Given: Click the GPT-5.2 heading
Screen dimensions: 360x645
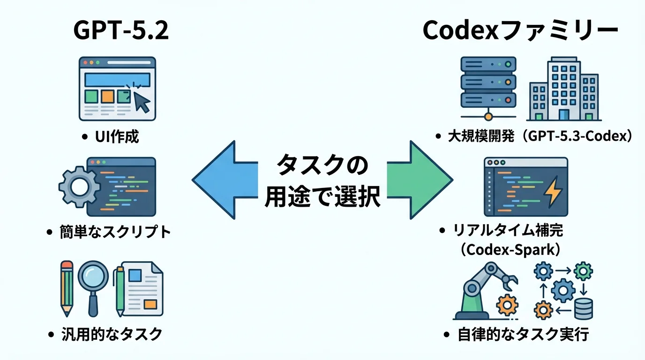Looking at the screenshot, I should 120,31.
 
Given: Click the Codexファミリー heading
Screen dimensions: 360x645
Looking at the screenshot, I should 520,31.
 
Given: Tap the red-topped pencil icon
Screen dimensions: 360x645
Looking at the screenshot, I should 67,288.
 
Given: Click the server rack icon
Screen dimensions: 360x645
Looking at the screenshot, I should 488,84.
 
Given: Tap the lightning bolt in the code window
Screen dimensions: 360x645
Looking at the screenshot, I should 553,193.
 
